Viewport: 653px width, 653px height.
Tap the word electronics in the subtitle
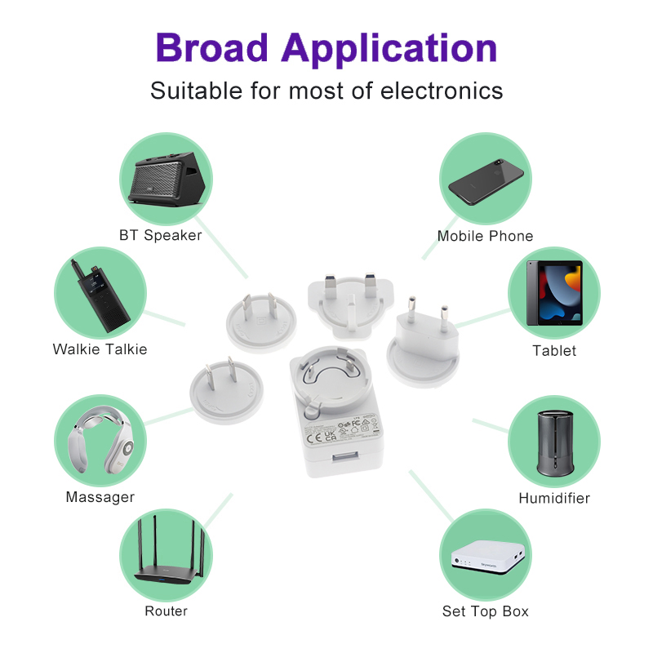click(442, 91)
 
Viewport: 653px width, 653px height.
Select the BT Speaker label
click(160, 236)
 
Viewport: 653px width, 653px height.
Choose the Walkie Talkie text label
click(100, 349)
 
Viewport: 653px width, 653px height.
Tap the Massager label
click(100, 497)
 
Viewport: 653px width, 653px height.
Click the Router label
click(166, 611)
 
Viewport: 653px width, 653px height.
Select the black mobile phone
click(486, 178)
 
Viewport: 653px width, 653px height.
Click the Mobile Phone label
click(485, 236)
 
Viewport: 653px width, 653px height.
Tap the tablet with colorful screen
click(554, 294)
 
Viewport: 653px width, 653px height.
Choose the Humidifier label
click(554, 498)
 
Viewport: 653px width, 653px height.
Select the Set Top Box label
click(486, 611)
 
